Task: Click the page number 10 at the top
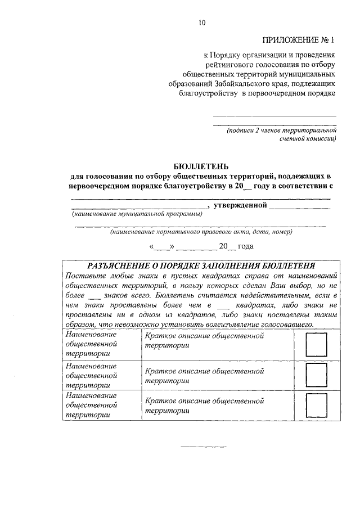(202, 22)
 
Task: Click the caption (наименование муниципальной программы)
(137, 214)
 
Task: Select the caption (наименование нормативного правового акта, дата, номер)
(201, 231)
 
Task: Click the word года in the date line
(246, 246)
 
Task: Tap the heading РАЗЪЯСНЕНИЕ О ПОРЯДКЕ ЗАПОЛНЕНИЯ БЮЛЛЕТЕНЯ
(201, 265)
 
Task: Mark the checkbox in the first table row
(316, 344)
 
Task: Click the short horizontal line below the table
(202, 447)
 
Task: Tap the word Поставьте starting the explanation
(84, 276)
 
